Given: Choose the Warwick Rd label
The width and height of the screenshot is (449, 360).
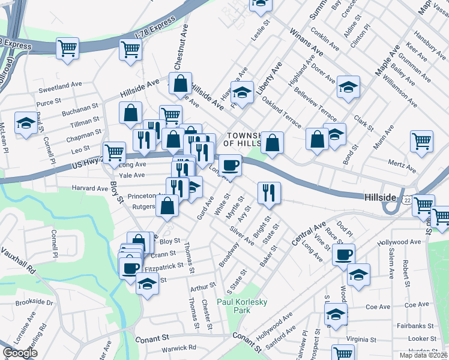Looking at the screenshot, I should point(179,347).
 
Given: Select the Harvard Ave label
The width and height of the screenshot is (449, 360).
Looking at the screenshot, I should point(90,188).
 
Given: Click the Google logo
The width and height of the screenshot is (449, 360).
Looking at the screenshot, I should point(20,353).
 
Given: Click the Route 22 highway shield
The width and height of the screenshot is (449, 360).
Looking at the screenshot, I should point(407,200).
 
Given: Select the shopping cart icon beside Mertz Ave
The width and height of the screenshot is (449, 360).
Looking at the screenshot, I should point(422,142).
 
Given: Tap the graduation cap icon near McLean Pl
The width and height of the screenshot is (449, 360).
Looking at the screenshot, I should point(25,124).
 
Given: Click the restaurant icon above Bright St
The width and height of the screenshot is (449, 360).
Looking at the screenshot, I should point(268,192).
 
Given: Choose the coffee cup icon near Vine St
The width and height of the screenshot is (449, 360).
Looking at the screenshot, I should point(343,254).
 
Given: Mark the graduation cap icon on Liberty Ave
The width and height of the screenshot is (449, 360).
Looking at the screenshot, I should point(242,93).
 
